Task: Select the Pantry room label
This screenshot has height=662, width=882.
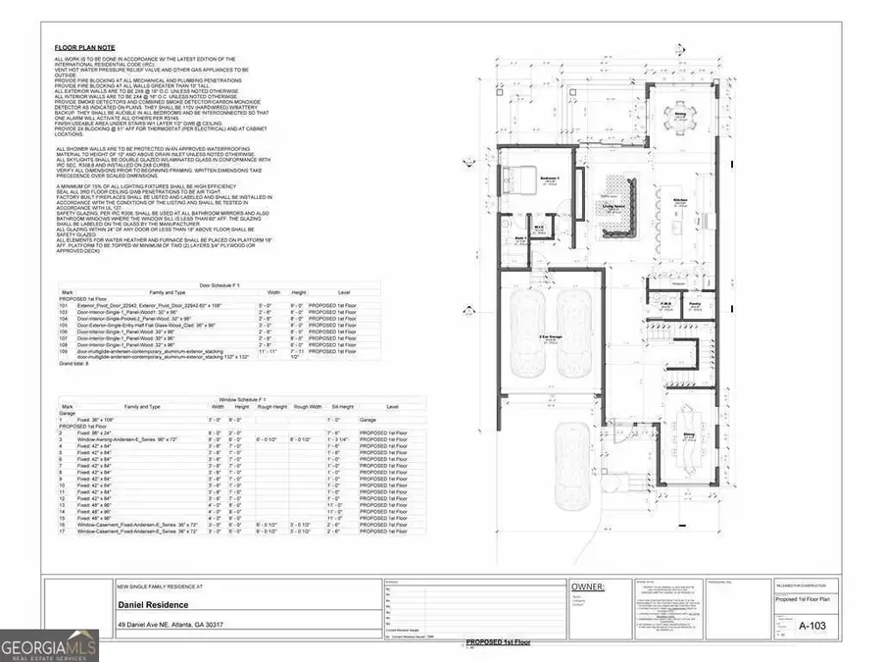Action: click(694, 305)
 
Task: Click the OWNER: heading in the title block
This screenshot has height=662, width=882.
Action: click(588, 588)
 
